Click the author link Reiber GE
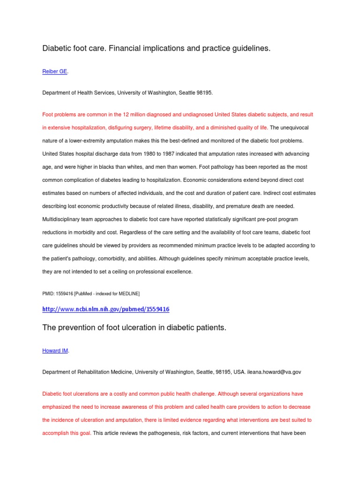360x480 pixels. pos(55,71)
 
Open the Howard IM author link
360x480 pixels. pos(55,351)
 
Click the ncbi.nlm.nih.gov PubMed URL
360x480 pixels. pos(105,309)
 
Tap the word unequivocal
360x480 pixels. pos(293,127)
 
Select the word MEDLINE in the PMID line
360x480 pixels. pos(128,293)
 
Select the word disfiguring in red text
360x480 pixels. pos(122,127)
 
